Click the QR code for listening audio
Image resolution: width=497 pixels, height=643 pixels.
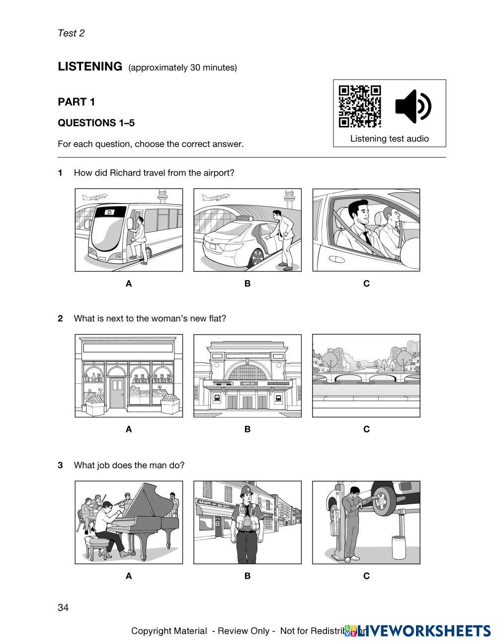tap(359, 106)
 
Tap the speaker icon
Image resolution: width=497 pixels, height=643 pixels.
tap(413, 106)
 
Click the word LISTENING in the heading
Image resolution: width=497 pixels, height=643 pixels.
tap(90, 66)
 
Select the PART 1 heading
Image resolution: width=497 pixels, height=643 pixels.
tap(76, 102)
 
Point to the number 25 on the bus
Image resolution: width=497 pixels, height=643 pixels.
tap(109, 212)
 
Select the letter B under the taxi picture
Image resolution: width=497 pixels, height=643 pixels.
tap(247, 284)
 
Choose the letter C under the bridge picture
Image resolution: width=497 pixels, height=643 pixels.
tap(366, 429)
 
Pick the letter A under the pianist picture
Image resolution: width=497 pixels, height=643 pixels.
tap(129, 576)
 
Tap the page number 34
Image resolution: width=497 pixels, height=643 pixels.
tap(63, 607)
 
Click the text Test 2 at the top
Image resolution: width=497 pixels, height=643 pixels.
tap(71, 33)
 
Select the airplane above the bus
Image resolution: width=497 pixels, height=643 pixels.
tap(93, 197)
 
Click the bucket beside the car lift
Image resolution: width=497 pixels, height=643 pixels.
tap(399, 547)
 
